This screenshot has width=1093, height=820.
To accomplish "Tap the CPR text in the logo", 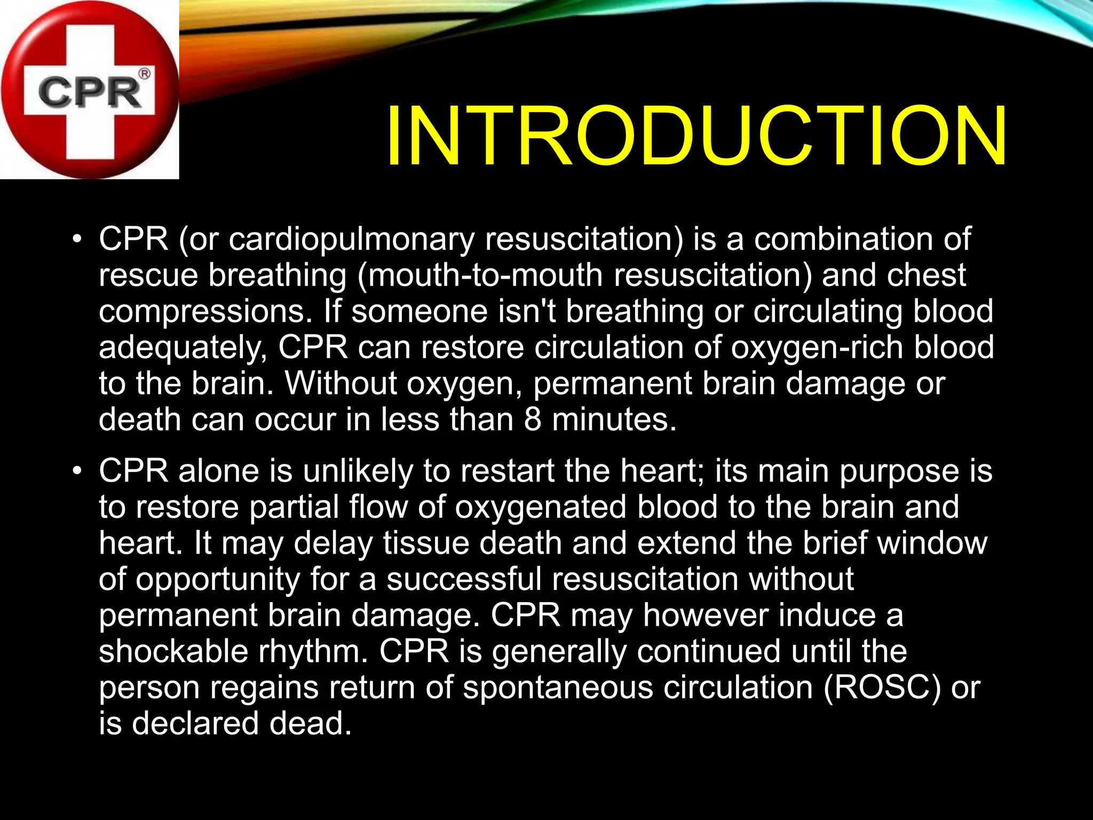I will tap(89, 92).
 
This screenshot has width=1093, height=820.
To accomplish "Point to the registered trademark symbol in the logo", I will tap(144, 74).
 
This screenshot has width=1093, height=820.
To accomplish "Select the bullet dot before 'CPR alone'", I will tap(78, 471).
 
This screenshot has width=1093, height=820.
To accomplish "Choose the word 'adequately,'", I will tap(183, 348).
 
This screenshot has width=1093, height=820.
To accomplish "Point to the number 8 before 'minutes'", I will tap(533, 420).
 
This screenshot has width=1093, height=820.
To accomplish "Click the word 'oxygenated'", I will tap(541, 507).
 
